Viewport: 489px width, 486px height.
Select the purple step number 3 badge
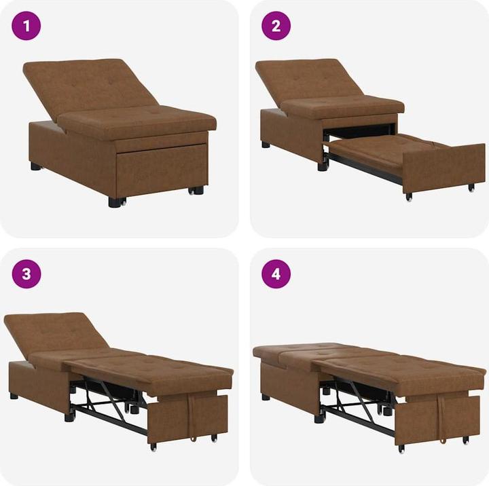(26, 274)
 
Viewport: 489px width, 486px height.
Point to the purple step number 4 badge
(276, 274)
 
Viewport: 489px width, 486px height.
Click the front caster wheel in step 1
(117, 202)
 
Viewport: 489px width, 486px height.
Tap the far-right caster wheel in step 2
(471, 187)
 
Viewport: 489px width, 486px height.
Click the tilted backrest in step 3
(54, 333)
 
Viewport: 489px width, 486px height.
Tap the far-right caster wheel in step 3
(214, 437)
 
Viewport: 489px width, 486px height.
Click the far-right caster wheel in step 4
(466, 440)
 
